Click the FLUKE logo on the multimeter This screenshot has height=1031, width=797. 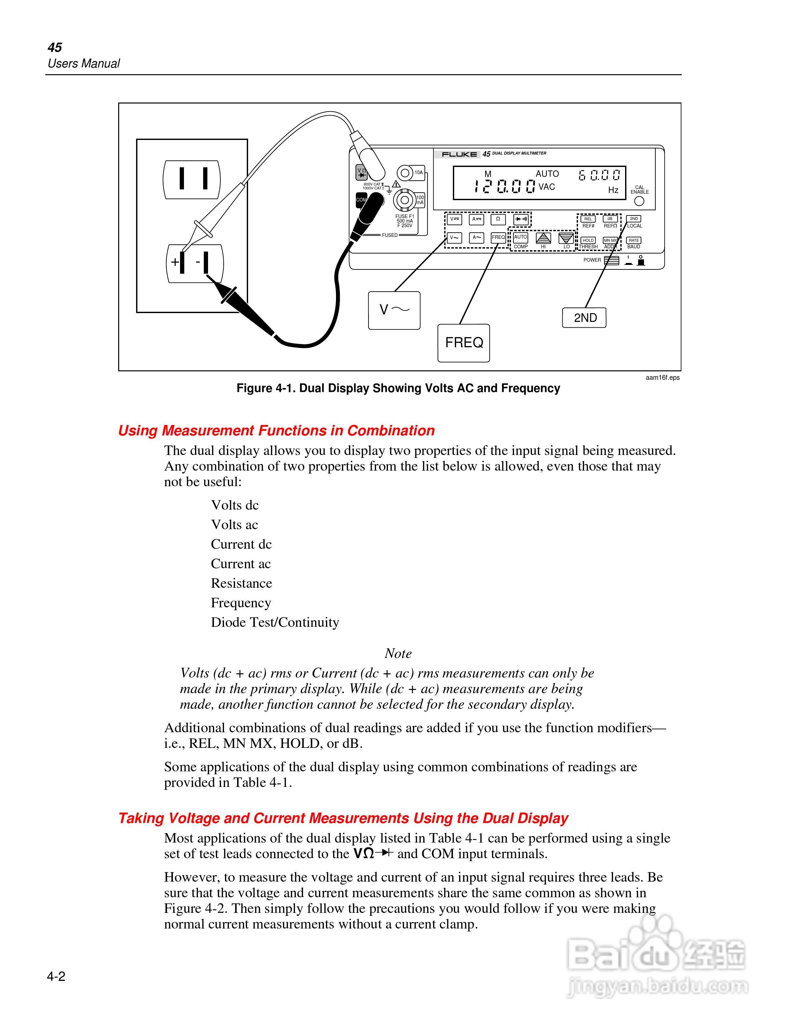click(459, 154)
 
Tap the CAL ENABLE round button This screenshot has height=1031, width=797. click(639, 201)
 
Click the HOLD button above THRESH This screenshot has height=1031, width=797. click(588, 240)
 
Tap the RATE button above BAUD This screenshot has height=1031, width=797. click(634, 240)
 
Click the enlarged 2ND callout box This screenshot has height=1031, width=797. click(584, 318)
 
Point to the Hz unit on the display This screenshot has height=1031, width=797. click(613, 190)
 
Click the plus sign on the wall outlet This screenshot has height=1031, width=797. click(175, 262)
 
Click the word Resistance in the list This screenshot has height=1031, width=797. click(241, 584)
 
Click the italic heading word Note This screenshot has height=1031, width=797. click(398, 653)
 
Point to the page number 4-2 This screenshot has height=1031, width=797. click(56, 976)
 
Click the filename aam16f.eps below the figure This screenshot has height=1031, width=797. click(663, 378)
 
